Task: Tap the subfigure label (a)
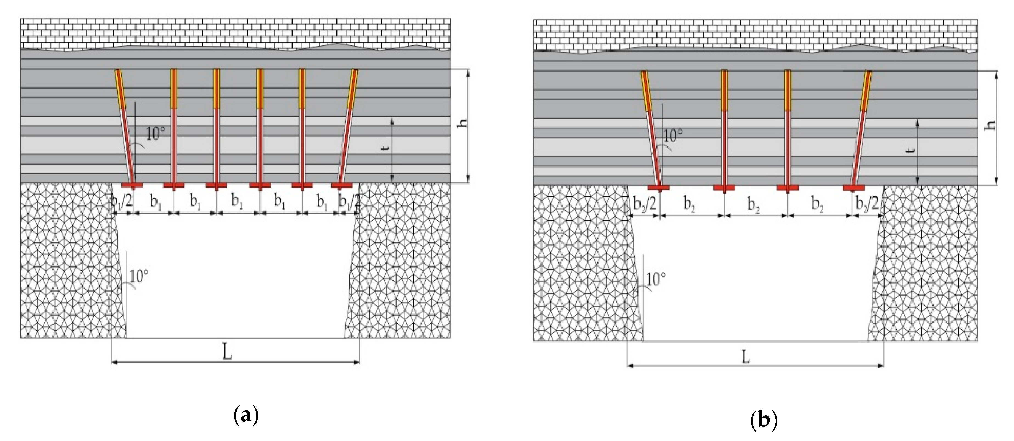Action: click(x=246, y=415)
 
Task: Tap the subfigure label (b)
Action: click(x=764, y=420)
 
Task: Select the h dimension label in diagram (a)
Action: click(x=464, y=123)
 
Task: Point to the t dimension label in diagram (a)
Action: click(x=387, y=149)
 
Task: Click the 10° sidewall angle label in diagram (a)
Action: click(x=139, y=276)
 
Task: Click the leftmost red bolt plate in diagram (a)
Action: click(x=131, y=185)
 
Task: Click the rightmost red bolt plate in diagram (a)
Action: click(x=342, y=185)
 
